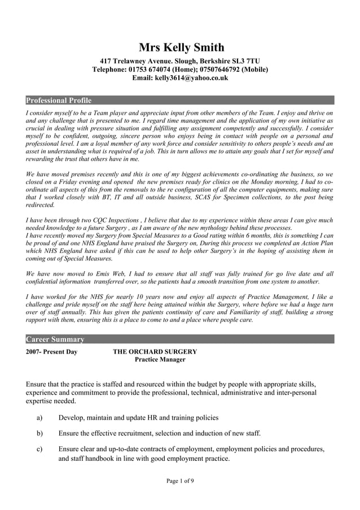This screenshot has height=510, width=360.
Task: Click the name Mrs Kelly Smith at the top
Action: (x=181, y=47)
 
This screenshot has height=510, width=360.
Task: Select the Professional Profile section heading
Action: (x=59, y=101)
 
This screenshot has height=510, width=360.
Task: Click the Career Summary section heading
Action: (x=55, y=339)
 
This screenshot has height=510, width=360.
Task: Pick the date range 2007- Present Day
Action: (x=52, y=351)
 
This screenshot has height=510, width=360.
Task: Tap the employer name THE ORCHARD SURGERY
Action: (x=155, y=351)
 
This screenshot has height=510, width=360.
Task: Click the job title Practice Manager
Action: (x=160, y=360)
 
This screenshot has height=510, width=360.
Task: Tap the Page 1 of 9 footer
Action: (x=180, y=481)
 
